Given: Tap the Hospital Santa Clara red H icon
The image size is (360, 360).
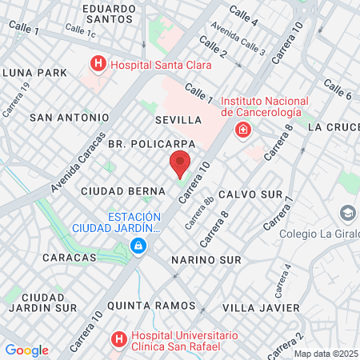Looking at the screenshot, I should point(98,62).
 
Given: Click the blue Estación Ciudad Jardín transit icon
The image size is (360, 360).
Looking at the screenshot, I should point(139,246).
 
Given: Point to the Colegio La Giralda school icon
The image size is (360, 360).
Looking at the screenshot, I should point(347,214).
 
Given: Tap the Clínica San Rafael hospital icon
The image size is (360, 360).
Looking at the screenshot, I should point(119,339).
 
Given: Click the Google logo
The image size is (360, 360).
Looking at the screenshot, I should point(26,350).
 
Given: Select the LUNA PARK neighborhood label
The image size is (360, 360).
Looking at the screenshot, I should point(34,72).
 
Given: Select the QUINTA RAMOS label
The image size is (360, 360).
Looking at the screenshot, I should point(150,306).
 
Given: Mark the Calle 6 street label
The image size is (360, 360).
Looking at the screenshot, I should point(338,90).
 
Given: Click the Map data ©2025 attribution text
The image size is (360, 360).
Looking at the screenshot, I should point(326,354).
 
